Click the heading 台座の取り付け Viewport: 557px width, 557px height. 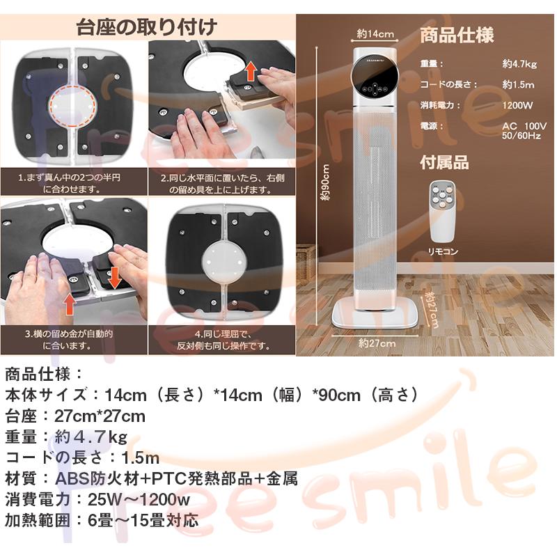pos(146,28)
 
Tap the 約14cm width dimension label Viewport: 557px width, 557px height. pos(376,33)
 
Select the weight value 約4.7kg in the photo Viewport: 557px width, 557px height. pos(520,64)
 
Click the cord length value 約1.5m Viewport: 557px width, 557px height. pos(519,84)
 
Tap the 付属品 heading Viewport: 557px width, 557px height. pos(444,163)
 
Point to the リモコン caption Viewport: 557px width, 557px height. pos(443,252)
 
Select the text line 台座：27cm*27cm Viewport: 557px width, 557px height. pos(75,416)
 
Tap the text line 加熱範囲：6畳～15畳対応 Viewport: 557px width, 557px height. pos(102,520)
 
